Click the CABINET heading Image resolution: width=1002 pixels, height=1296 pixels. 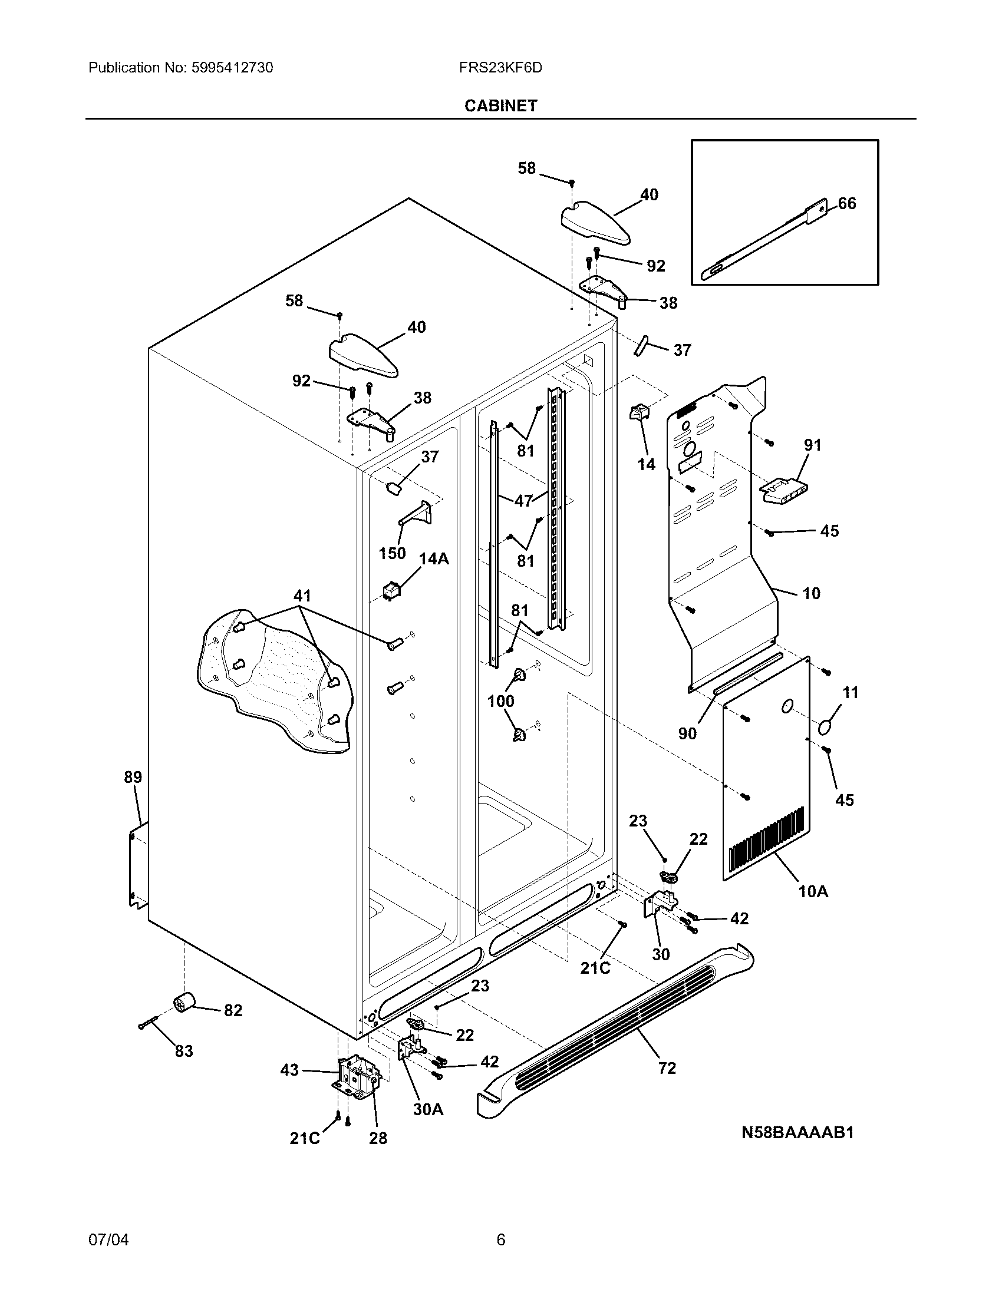(x=500, y=105)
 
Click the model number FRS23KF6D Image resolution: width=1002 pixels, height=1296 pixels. (x=500, y=68)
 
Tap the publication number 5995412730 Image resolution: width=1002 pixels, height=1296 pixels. (x=232, y=68)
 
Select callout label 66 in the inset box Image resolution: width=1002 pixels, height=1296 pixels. (x=847, y=204)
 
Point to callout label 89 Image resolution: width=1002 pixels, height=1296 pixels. (x=133, y=777)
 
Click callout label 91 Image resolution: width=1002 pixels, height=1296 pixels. (x=813, y=444)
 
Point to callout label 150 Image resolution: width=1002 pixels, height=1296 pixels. (x=393, y=553)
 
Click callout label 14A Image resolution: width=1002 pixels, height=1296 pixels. (x=434, y=558)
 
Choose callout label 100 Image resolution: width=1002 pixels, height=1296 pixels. (x=500, y=701)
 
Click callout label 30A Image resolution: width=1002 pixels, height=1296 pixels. (x=429, y=1109)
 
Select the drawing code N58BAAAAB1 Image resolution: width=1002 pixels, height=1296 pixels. (x=797, y=1132)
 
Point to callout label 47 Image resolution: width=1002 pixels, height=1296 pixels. (x=523, y=501)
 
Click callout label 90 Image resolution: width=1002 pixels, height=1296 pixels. (x=687, y=733)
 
